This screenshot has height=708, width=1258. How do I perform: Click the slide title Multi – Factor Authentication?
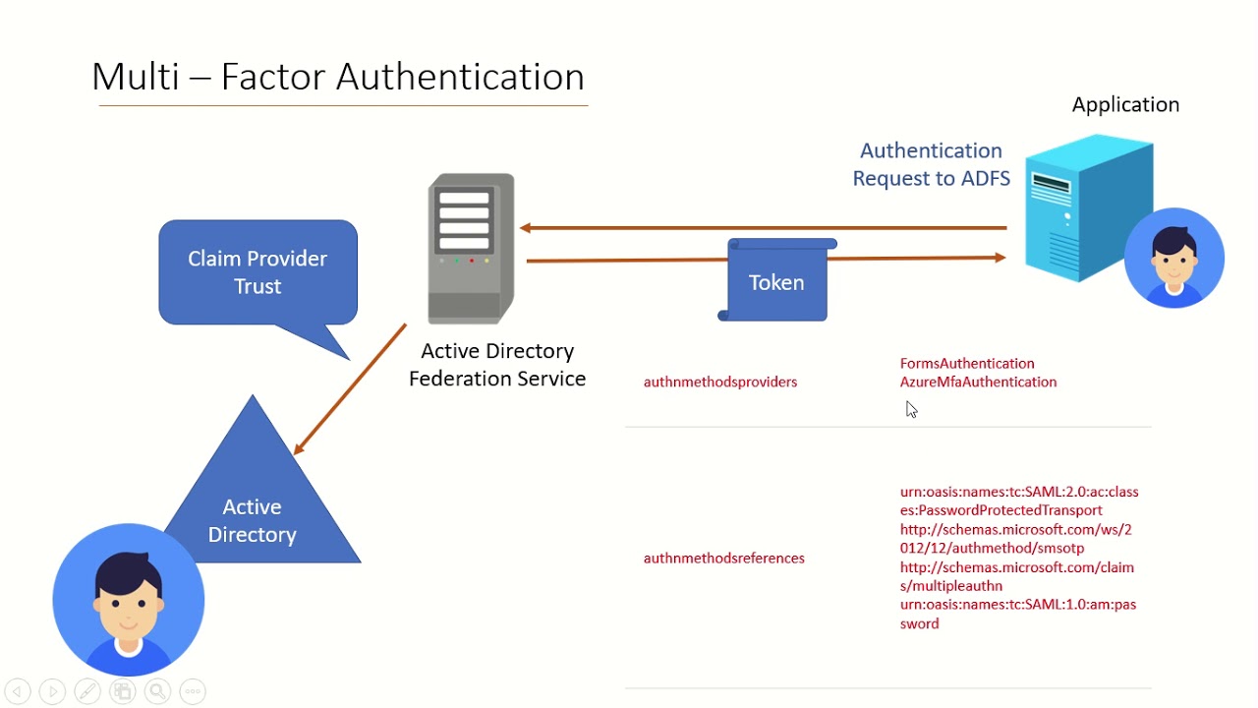(338, 77)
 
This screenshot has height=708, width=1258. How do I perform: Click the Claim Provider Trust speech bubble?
(257, 272)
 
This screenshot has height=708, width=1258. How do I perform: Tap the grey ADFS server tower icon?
(471, 248)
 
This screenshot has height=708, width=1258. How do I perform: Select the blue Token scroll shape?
(776, 282)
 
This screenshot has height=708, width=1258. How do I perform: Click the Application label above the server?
(1125, 104)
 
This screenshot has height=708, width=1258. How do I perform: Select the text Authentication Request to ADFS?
(931, 164)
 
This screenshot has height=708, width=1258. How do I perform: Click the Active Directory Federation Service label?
(497, 365)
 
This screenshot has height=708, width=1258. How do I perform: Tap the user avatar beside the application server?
(1174, 258)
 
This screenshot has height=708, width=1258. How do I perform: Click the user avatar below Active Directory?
(129, 600)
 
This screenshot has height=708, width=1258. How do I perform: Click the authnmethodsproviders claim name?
(720, 382)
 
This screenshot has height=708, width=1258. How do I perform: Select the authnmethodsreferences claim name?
(724, 558)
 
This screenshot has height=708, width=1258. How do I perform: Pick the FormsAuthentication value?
(967, 363)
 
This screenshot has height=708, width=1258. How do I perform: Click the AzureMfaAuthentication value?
(978, 382)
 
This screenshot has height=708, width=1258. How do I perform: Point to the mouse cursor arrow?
(911, 409)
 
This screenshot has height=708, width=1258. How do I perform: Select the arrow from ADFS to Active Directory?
(349, 390)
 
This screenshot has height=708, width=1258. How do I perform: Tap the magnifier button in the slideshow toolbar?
(157, 691)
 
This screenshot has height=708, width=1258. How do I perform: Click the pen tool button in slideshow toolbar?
(86, 691)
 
